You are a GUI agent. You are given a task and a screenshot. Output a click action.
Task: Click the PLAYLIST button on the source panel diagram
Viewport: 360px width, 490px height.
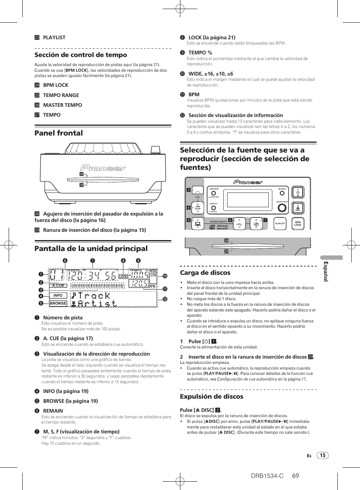pyautogui.click(x=280, y=223)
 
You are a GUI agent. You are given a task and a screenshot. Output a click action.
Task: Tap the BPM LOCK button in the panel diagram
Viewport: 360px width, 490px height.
pyautogui.click(x=298, y=223)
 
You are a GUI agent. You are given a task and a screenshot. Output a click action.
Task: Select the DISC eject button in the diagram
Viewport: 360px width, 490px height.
pyautogui.click(x=298, y=208)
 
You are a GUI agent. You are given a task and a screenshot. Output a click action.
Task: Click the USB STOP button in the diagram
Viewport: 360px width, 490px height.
pyautogui.click(x=198, y=207)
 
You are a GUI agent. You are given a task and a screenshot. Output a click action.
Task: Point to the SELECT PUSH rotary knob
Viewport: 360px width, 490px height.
pyautogui.click(x=282, y=208)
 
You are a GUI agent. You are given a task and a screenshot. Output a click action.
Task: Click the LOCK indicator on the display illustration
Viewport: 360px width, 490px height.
pyautogui.click(x=123, y=277)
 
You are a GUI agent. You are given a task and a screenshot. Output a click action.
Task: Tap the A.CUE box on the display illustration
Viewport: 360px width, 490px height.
pyautogui.click(x=58, y=285)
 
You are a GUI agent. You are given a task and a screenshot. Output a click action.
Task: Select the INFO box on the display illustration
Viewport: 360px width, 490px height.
pyautogui.click(x=58, y=296)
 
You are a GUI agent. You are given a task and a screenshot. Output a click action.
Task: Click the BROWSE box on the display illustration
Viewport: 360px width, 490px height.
pyautogui.click(x=58, y=303)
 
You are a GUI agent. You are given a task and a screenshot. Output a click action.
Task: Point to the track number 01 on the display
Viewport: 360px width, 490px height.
pyautogui.click(x=56, y=275)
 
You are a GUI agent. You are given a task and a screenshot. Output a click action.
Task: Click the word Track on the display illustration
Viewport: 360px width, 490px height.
pyautogui.click(x=91, y=295)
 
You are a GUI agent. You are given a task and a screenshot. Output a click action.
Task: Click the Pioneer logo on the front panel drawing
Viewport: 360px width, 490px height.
pyautogui.click(x=103, y=168)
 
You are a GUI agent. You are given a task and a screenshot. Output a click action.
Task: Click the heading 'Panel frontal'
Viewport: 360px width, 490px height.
pyautogui.click(x=58, y=133)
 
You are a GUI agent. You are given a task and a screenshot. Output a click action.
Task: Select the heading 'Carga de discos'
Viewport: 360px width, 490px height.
pyautogui.click(x=205, y=273)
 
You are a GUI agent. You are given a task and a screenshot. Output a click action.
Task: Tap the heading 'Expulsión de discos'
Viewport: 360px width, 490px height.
pyautogui.click(x=211, y=396)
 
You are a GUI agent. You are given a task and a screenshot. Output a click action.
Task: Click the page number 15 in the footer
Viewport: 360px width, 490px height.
pyautogui.click(x=323, y=455)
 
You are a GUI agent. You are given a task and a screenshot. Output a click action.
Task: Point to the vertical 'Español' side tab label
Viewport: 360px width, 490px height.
pyautogui.click(x=326, y=271)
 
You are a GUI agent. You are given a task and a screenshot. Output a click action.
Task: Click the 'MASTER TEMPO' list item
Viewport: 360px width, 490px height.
pyautogui.click(x=62, y=105)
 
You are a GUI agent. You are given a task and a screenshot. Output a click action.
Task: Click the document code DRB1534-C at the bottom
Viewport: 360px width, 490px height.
pyautogui.click(x=267, y=476)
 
